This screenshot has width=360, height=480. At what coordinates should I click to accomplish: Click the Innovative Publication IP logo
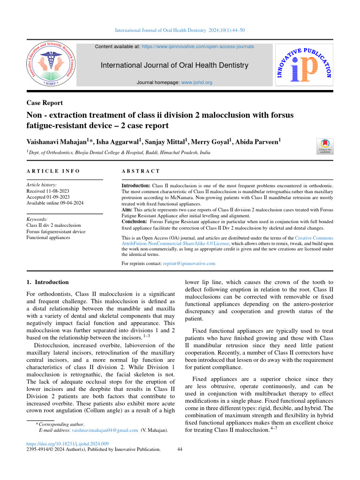(304, 65)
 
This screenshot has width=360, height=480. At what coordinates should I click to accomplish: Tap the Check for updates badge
(325, 146)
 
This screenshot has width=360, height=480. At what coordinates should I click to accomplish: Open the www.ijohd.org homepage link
(196, 82)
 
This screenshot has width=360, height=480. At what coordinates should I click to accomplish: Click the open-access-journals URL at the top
(198, 47)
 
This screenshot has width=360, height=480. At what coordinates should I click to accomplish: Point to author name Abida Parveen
(259, 141)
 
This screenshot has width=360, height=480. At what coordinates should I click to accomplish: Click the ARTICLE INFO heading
(53, 172)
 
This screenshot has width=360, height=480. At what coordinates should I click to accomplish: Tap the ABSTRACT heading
(141, 172)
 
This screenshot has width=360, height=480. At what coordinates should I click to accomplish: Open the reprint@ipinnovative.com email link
(189, 263)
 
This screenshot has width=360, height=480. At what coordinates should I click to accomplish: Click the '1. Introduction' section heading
(48, 282)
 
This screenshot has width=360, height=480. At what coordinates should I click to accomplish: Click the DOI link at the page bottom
(68, 443)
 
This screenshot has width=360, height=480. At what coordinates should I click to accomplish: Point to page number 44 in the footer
(180, 449)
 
